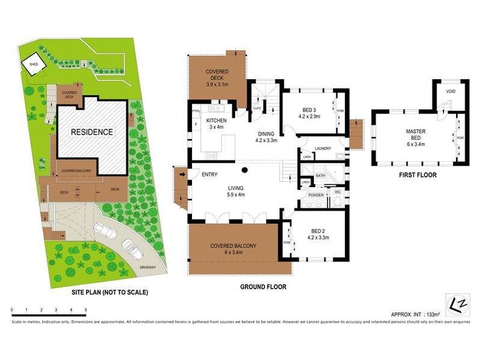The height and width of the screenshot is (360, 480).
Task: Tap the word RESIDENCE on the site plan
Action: (92, 131)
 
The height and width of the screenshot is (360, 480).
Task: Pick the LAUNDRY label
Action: (322, 148)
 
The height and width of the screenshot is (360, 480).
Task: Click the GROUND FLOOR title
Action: (263, 287)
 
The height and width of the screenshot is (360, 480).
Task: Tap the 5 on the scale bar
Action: (86, 310)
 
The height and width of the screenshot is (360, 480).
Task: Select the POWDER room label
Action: (316, 196)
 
